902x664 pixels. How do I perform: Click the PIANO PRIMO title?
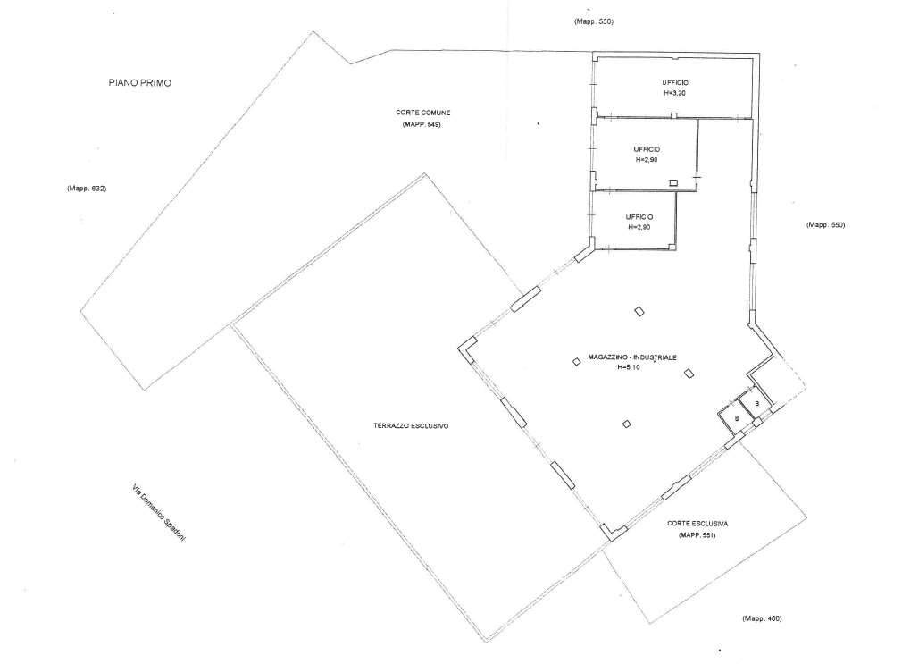coord(140,83)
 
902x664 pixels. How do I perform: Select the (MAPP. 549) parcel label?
coord(422,125)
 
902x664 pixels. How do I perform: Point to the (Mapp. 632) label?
coord(87,189)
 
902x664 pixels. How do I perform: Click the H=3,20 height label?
coord(675,93)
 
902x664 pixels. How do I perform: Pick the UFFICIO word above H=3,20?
coord(675,83)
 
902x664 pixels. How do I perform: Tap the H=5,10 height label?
coord(629,367)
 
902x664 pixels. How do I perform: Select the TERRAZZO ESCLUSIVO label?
coord(411,426)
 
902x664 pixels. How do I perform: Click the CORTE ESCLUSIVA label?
coord(697,524)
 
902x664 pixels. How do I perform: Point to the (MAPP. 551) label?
coord(697,535)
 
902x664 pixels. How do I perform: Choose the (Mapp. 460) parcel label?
coord(762,619)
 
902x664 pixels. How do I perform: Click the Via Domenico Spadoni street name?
coord(159,513)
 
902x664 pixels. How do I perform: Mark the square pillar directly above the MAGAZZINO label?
coord(639,312)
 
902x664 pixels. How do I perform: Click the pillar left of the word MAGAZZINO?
coord(576,362)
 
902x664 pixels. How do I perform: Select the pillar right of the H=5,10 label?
coord(689,374)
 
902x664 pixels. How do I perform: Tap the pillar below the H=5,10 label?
coord(626,424)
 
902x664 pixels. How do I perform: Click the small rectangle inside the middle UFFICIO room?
coord(673,182)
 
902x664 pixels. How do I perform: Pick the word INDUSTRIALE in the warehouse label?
coord(654,357)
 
